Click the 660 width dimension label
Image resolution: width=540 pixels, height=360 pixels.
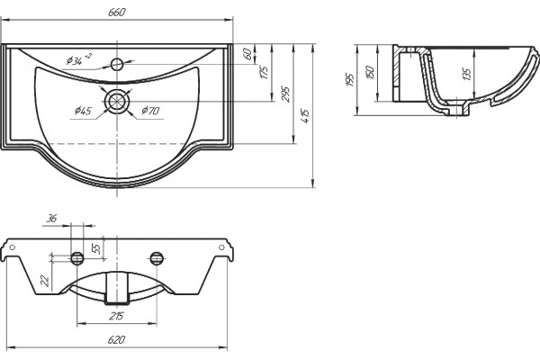tap(117, 13)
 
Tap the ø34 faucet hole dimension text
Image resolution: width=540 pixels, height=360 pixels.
tap(79, 59)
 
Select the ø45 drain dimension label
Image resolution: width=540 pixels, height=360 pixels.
tap(83, 111)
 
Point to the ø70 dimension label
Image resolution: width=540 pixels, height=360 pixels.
tap(150, 111)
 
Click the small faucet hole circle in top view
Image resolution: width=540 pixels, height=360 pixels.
tap(117, 64)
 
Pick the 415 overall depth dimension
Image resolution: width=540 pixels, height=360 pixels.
tap(305, 116)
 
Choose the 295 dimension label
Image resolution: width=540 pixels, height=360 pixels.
tap(286, 94)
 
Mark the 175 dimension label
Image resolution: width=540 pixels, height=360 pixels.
tap(264, 72)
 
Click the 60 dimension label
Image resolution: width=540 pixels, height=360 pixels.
tap(247, 54)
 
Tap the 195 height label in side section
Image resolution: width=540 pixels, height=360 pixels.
tap(351, 79)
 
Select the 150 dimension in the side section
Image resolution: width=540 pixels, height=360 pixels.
tap(370, 72)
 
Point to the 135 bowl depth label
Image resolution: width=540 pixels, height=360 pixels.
tap(466, 75)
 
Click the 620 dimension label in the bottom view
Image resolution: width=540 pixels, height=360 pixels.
tap(116, 339)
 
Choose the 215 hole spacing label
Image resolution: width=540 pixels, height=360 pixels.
tap(116, 316)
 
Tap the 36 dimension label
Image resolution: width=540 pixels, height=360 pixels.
tap(51, 219)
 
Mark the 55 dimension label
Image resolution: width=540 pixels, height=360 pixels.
tap(97, 248)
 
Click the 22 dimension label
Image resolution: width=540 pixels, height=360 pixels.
tap(45, 281)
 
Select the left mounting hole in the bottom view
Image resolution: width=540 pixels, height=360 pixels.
tap(76, 258)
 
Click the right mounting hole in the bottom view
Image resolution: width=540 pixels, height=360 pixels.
tap(157, 258)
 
